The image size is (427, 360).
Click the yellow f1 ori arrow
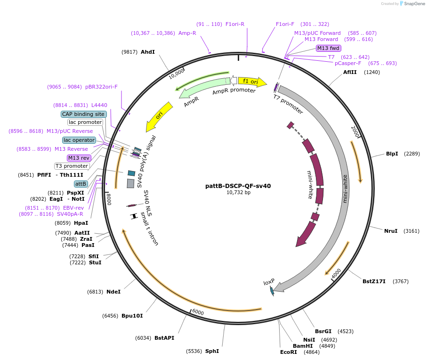[x=251, y=82]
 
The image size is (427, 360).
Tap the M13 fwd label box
[x=328, y=48]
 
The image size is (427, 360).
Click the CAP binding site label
[x=83, y=114]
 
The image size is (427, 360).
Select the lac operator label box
[x=79, y=140]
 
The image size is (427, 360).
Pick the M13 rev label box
[x=79, y=158]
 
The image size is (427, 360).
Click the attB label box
[x=81, y=184]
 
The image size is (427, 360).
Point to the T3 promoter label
[x=72, y=166]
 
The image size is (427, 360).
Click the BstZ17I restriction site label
[x=374, y=281]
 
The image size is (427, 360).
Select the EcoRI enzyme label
[x=289, y=352]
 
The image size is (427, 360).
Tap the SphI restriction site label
[x=212, y=351]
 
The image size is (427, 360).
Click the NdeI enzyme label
[x=113, y=292]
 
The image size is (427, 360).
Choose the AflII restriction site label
[x=350, y=72]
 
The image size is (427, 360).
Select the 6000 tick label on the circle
[x=198, y=313]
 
